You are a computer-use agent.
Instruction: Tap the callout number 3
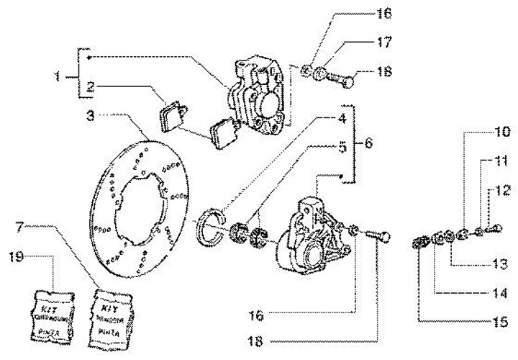(x=89, y=114)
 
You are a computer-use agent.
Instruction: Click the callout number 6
(x=368, y=144)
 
